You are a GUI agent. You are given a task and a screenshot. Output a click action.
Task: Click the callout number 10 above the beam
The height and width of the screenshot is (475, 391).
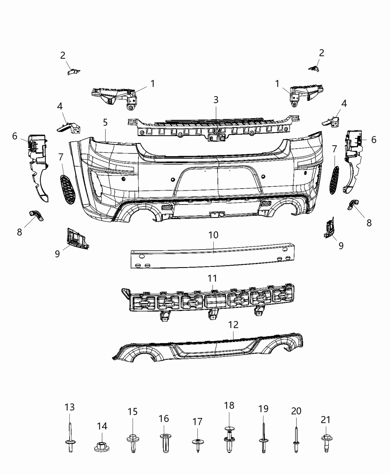point(213,235)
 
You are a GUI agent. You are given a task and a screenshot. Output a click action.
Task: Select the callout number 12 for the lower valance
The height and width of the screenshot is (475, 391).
point(233,324)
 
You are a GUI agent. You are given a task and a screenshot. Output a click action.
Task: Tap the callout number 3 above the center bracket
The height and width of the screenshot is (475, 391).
point(216,100)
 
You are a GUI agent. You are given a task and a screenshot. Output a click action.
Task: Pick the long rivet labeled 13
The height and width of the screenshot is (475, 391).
point(70,436)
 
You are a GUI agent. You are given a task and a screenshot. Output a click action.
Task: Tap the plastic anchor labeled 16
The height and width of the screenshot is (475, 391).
point(164,443)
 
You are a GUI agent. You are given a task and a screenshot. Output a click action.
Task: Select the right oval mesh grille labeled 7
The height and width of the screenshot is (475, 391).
point(334,180)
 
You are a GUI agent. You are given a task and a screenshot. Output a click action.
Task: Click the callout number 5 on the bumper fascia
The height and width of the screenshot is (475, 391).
point(105,122)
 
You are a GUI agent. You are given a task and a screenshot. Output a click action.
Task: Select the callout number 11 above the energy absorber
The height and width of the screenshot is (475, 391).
point(212,278)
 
